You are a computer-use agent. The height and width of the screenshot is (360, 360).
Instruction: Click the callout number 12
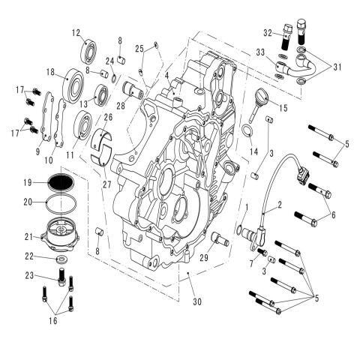coord(76,32)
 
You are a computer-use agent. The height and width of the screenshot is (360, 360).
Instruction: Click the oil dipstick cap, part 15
coord(267,98)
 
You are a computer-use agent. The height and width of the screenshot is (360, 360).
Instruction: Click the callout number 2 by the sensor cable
coord(279,203)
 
